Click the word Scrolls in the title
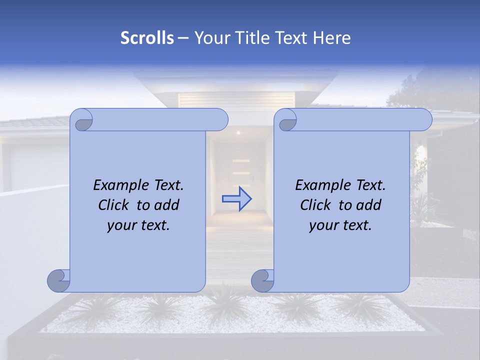147,38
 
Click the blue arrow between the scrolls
236,199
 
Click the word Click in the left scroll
114,205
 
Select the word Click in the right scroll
316,205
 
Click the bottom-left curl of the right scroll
262,280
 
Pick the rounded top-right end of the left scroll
220,120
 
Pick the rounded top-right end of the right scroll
424,120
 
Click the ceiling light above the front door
238,133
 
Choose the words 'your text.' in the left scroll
138,225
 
